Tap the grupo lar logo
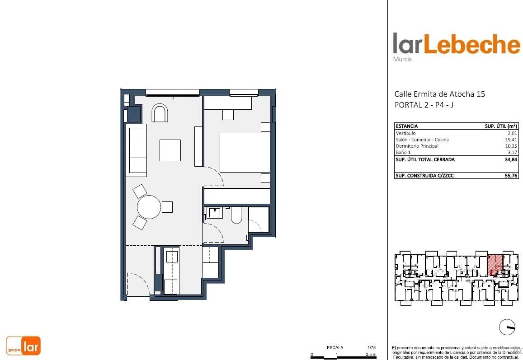tap(24, 346)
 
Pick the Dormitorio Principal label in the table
tap(417, 146)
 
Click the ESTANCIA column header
tap(407, 126)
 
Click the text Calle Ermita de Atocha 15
tap(439, 94)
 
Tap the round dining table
tap(149, 207)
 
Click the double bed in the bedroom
tap(245, 152)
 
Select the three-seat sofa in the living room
tap(137, 150)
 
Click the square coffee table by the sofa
tap(170, 150)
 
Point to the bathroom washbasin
tap(214, 213)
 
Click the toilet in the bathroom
tap(236, 215)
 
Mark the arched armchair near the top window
tap(160, 113)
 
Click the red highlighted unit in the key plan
tap(495, 264)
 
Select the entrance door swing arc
tap(138, 284)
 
